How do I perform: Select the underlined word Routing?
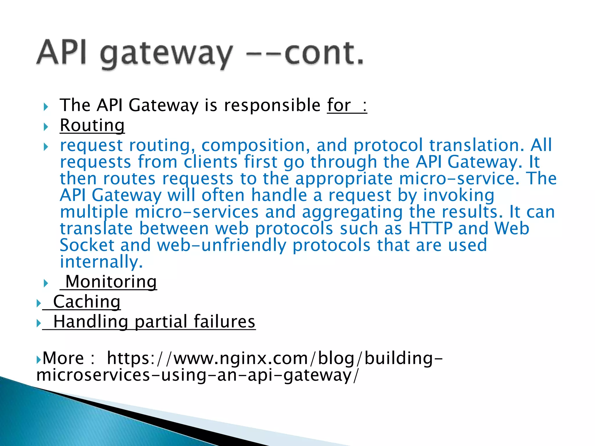(92, 125)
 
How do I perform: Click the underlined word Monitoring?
(111, 282)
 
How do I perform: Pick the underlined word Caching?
(87, 302)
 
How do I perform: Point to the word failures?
(224, 322)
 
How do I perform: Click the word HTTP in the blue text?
(430, 228)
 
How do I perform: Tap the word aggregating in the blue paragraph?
(352, 212)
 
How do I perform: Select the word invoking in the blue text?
(458, 195)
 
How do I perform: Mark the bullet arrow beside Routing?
(46, 127)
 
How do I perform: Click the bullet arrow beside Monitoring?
(46, 283)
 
